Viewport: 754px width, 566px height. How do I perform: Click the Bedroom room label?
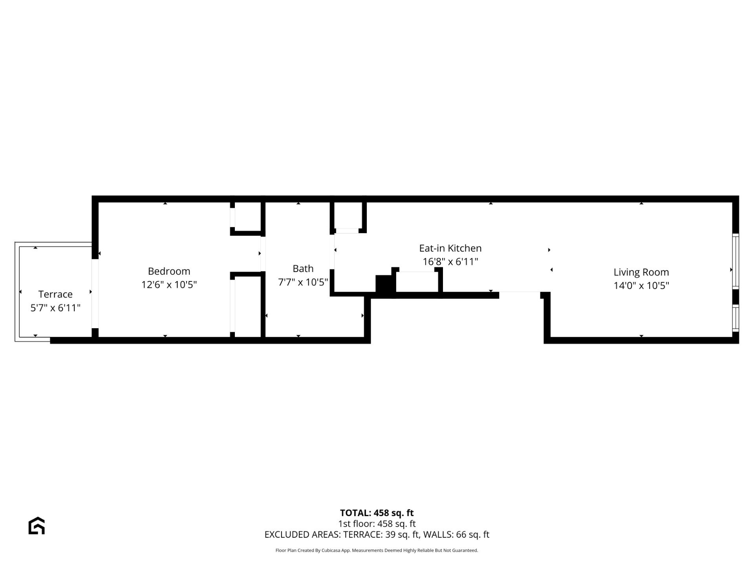coord(169,271)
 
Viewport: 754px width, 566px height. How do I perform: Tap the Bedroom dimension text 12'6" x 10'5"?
coord(169,285)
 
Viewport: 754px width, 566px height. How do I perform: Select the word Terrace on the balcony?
coord(55,294)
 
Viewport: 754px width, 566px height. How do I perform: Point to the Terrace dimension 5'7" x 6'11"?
coord(55,308)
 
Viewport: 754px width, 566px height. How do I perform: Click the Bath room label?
coord(303,269)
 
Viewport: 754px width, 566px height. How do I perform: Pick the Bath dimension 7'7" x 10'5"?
coord(303,282)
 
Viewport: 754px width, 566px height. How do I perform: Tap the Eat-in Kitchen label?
coord(450,248)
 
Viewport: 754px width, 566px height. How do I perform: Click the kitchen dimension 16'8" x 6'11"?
coord(450,262)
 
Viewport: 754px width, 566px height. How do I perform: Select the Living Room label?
coord(641,272)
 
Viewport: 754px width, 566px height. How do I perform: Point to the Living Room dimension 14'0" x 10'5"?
coord(641,286)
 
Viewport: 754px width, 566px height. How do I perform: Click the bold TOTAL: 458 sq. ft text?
coord(377,513)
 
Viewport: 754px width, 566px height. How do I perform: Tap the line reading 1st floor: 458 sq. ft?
coord(377,524)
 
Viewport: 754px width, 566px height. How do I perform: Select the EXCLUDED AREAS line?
coord(377,535)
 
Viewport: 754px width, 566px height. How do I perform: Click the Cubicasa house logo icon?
coord(37,526)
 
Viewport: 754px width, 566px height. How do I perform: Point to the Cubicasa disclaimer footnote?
coord(377,550)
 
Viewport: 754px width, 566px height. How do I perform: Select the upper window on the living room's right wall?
coord(736,261)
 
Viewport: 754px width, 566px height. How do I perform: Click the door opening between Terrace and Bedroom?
coord(95,293)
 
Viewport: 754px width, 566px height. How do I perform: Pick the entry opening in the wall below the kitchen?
coord(520,294)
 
